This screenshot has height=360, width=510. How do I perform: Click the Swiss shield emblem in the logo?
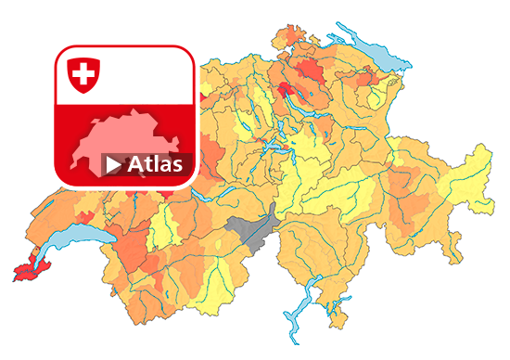coord(83,73)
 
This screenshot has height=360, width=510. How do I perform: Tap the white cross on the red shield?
coord(83,71)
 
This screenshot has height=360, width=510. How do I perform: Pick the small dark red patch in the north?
coord(287,89)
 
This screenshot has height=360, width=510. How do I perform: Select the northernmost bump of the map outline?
coord(287,26)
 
